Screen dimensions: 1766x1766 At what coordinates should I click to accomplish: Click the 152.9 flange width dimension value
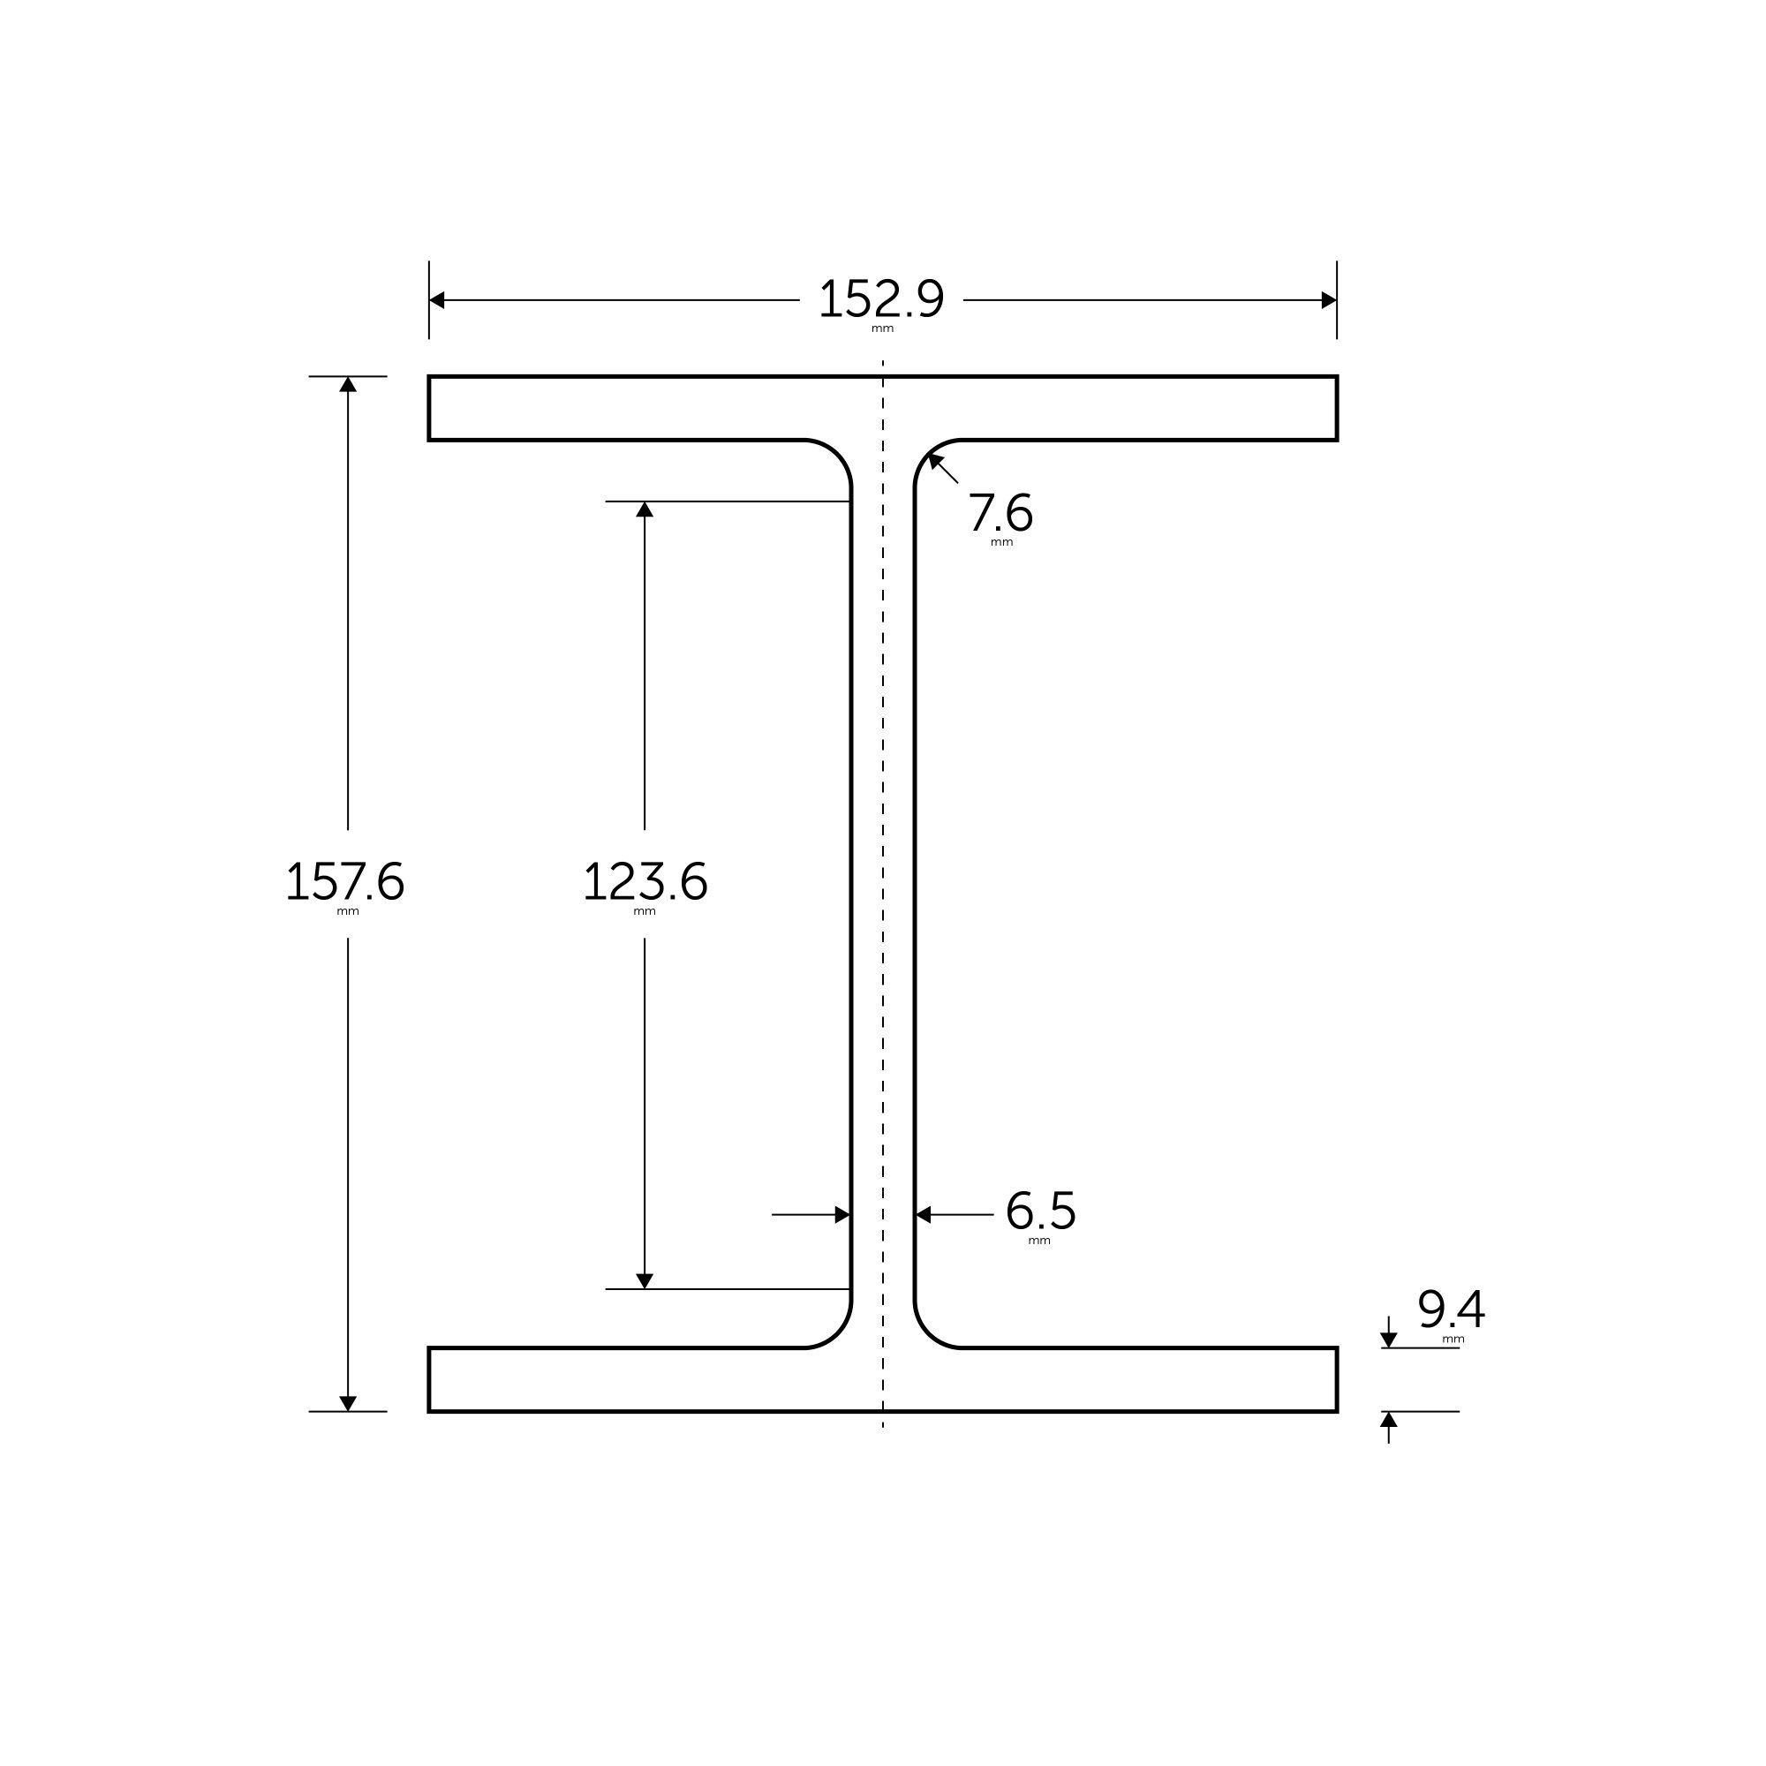pyautogui.click(x=881, y=299)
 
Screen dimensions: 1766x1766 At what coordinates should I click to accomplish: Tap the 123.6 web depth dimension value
pyautogui.click(x=645, y=881)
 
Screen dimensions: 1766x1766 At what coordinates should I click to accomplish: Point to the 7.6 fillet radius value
pyautogui.click(x=1000, y=513)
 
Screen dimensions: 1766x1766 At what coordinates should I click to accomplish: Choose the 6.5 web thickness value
pyautogui.click(x=1040, y=1211)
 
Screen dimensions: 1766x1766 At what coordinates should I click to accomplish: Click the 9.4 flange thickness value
pyautogui.click(x=1451, y=1309)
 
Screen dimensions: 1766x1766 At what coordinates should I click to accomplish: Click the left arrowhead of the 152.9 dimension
pyautogui.click(x=437, y=300)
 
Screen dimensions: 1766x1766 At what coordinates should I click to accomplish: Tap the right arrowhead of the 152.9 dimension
pyautogui.click(x=1328, y=300)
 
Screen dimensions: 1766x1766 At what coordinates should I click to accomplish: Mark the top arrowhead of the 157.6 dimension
pyautogui.click(x=348, y=385)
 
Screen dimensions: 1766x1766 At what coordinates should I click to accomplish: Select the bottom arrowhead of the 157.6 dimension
pyautogui.click(x=348, y=1403)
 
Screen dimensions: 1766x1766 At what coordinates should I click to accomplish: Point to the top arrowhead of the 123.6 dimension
pyautogui.click(x=645, y=509)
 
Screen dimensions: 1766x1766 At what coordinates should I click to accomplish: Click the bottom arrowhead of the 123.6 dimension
pyautogui.click(x=645, y=1280)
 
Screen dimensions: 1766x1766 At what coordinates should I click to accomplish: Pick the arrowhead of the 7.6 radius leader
pyautogui.click(x=935, y=460)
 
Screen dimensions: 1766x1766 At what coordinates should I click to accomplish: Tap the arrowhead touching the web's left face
pyautogui.click(x=841, y=1215)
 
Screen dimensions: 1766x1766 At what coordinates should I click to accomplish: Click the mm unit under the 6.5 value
pyautogui.click(x=1039, y=1241)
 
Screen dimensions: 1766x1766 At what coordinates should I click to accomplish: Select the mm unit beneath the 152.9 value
pyautogui.click(x=882, y=329)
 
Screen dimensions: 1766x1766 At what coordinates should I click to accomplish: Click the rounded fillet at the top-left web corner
pyautogui.click(x=837, y=454)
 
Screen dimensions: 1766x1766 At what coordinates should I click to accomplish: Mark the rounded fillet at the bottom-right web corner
pyautogui.click(x=929, y=1333)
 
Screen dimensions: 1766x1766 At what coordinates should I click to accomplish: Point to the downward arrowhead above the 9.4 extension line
pyautogui.click(x=1388, y=1340)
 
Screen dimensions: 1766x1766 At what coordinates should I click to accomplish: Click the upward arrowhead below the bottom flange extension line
pyautogui.click(x=1388, y=1420)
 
